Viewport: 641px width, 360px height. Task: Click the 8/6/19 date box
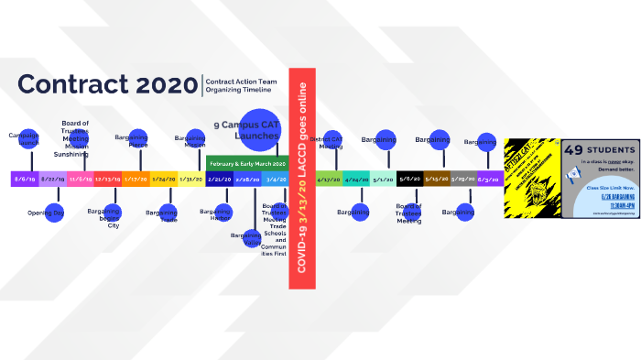(25, 179)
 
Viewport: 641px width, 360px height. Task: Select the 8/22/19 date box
(52, 179)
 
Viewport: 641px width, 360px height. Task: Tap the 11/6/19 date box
(80, 179)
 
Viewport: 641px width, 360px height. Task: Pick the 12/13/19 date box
(108, 179)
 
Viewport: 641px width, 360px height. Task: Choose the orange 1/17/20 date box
(136, 179)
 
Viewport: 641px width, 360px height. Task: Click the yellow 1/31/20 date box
(191, 179)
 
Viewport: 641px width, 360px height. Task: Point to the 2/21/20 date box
(220, 179)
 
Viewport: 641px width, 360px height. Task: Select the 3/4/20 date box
(275, 179)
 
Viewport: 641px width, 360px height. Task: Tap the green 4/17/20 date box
(329, 179)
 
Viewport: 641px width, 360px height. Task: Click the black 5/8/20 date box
(410, 179)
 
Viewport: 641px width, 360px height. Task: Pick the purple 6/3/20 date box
(490, 179)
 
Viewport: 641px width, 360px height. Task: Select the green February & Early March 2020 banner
(247, 163)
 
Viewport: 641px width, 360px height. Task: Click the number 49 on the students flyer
(576, 150)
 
